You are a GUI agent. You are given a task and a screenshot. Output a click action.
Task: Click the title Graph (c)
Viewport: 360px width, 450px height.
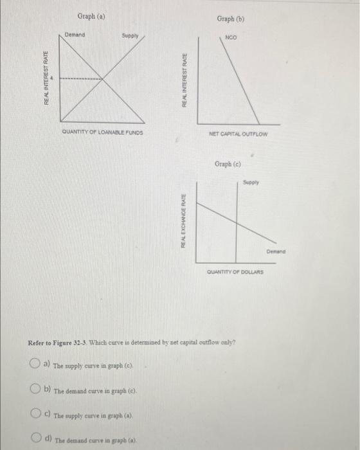pyautogui.click(x=229, y=164)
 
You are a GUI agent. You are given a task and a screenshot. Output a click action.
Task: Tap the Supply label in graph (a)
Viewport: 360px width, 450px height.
pyautogui.click(x=130, y=36)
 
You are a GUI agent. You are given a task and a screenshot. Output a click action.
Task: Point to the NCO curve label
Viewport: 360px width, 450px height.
pyautogui.click(x=230, y=38)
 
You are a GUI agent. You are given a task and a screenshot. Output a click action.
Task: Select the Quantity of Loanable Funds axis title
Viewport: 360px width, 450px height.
pyautogui.click(x=103, y=132)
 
